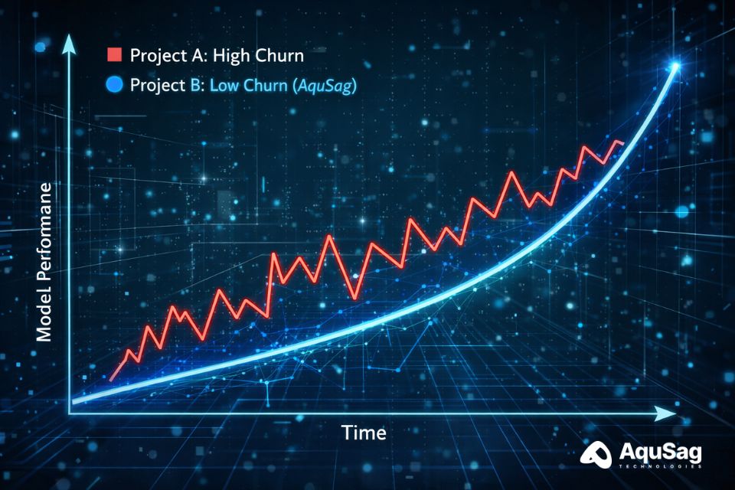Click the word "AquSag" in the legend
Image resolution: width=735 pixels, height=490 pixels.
point(326,86)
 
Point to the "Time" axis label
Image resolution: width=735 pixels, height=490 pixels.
point(364,433)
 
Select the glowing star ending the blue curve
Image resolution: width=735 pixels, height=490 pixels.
point(675,67)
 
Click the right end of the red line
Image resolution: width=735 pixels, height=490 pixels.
point(623,142)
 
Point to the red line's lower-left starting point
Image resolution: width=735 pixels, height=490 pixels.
point(112,379)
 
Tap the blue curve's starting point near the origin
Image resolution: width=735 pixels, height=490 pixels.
point(74,399)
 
